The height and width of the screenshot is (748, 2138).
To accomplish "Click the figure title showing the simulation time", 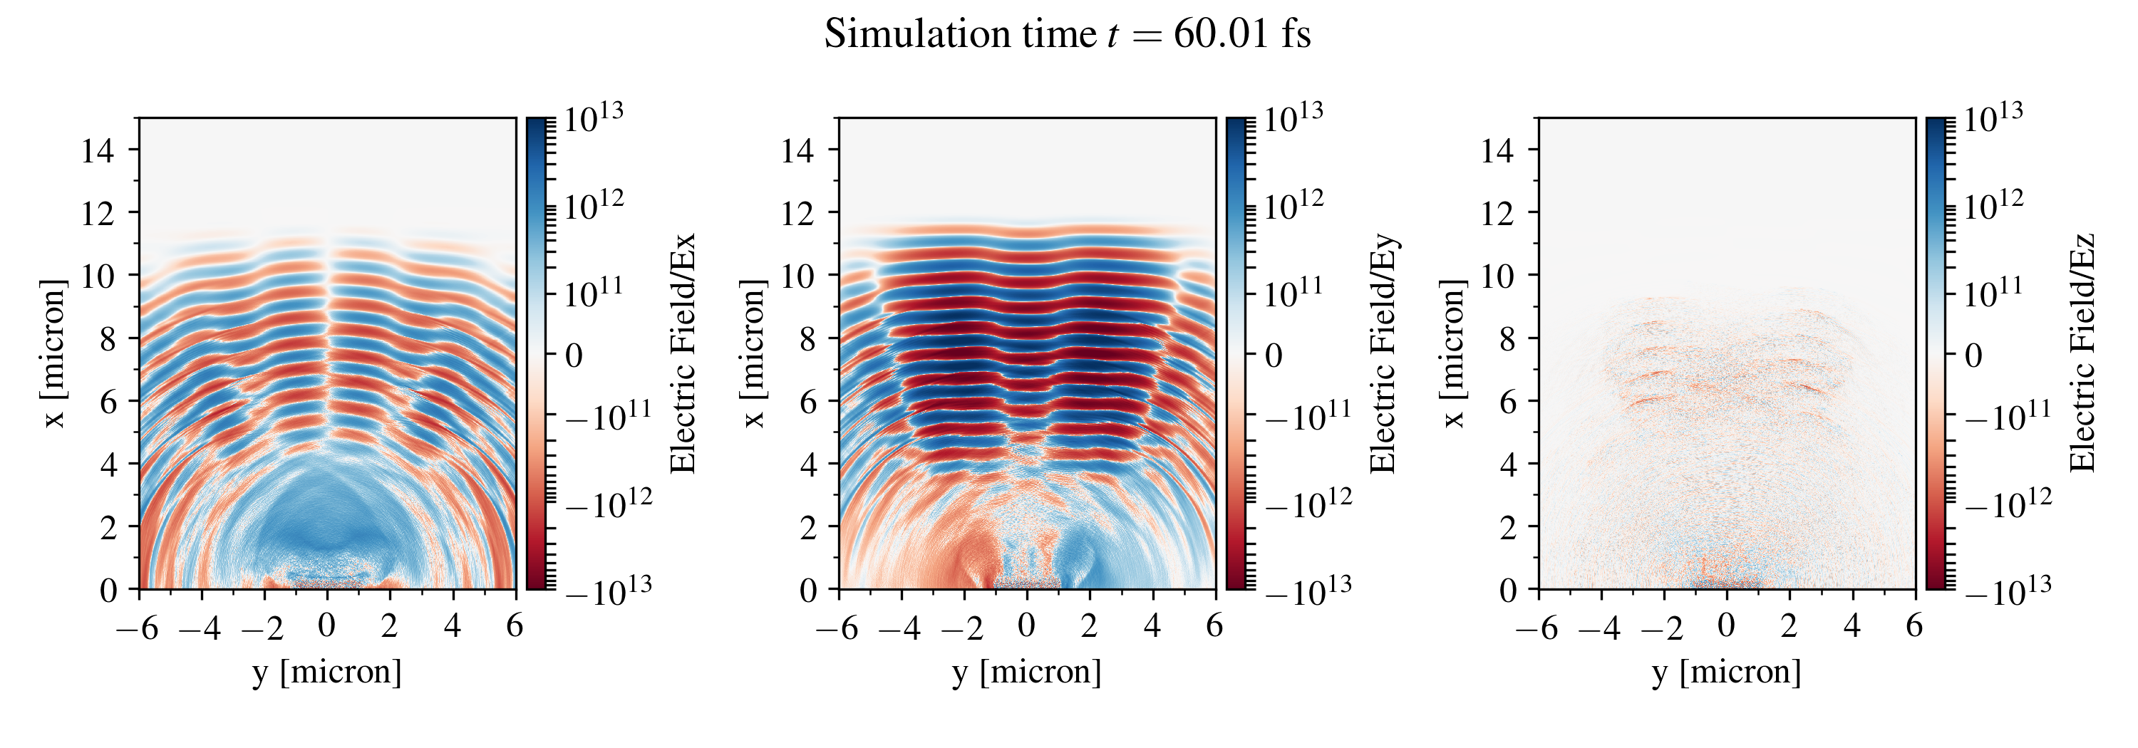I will (x=1068, y=35).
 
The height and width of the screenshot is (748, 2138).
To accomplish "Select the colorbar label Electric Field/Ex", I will (x=682, y=353).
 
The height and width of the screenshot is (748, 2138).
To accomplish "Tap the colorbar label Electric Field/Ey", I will (x=1383, y=353).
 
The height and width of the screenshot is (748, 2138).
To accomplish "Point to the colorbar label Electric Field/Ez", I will (x=2082, y=353).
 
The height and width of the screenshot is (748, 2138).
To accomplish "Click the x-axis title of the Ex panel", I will (x=327, y=672).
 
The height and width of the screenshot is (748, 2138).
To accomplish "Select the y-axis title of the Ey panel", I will (x=753, y=353).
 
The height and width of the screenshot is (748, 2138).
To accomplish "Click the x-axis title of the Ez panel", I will (x=1726, y=672).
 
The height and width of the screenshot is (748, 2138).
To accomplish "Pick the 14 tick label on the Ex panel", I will (x=98, y=150).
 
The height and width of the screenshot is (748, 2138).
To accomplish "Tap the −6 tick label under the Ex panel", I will (x=138, y=628).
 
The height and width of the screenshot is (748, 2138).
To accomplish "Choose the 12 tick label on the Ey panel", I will (x=797, y=213).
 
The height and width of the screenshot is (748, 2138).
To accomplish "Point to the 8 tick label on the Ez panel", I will (x=1507, y=338).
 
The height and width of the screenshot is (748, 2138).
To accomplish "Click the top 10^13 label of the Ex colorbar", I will (x=594, y=118).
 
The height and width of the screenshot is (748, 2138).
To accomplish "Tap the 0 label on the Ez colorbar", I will (x=1973, y=355).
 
